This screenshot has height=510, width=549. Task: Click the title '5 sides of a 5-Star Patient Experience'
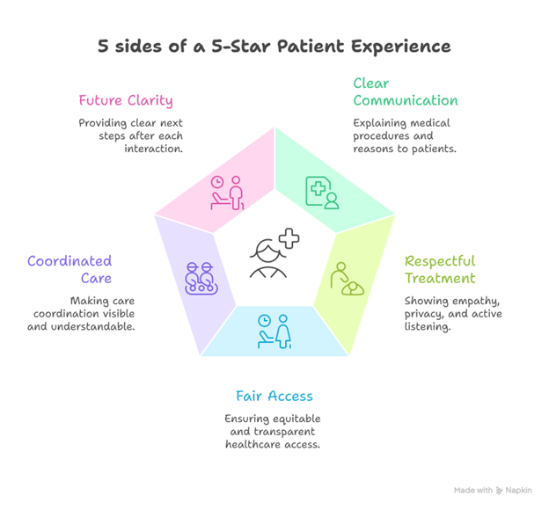coord(274,46)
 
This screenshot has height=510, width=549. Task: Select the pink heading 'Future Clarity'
coord(125,99)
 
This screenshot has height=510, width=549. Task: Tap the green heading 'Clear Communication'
coord(405,91)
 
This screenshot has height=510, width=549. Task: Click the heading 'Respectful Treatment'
coord(439,269)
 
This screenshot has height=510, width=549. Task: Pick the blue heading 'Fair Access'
coord(274,396)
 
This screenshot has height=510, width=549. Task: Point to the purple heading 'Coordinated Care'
coord(70,269)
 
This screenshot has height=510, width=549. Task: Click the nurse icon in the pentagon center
coord(268,257)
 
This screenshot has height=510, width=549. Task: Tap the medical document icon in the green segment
coord(321,192)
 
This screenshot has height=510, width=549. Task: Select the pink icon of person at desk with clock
coord(226,193)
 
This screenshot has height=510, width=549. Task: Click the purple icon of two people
coord(201,278)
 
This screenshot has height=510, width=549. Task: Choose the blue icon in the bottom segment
coord(274,331)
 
